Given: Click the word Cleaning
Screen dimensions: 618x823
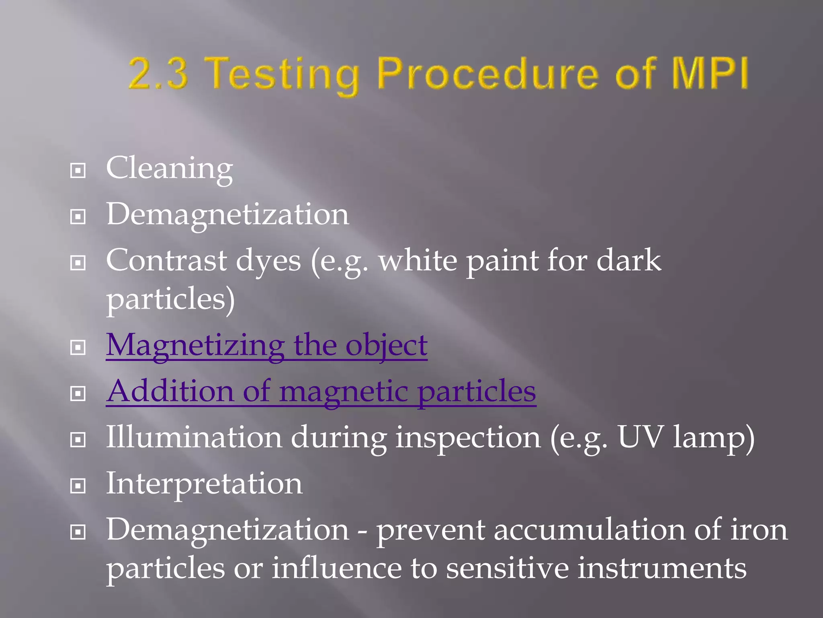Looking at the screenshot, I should coord(169,168).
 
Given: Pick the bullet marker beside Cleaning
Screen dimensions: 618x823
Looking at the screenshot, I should coord(78,171).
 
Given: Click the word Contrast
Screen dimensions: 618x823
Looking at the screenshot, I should coord(166,260).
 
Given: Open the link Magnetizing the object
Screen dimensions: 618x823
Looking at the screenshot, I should coord(266,345).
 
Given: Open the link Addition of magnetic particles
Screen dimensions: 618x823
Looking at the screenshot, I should coord(321,391).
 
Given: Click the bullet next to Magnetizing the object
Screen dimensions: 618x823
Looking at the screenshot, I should coord(78,347).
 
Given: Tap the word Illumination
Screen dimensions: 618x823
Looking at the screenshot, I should coord(194,437).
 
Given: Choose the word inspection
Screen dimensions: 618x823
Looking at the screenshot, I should coord(468,438).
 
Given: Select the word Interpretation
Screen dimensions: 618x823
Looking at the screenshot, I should coord(204,484).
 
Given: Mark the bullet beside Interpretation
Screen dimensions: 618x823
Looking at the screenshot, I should coord(78,486).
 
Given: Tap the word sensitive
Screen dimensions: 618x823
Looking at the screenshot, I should coord(507,568).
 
